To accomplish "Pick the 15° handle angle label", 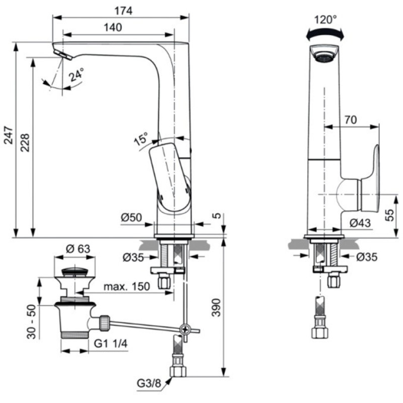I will point(142,139).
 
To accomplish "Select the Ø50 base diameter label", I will point(131,218).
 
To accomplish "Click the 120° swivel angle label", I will point(325,20).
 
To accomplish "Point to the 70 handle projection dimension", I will point(351,120).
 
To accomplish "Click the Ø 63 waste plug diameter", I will point(78,248).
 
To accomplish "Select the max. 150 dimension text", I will point(126,287).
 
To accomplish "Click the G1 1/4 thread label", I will point(111,344).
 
